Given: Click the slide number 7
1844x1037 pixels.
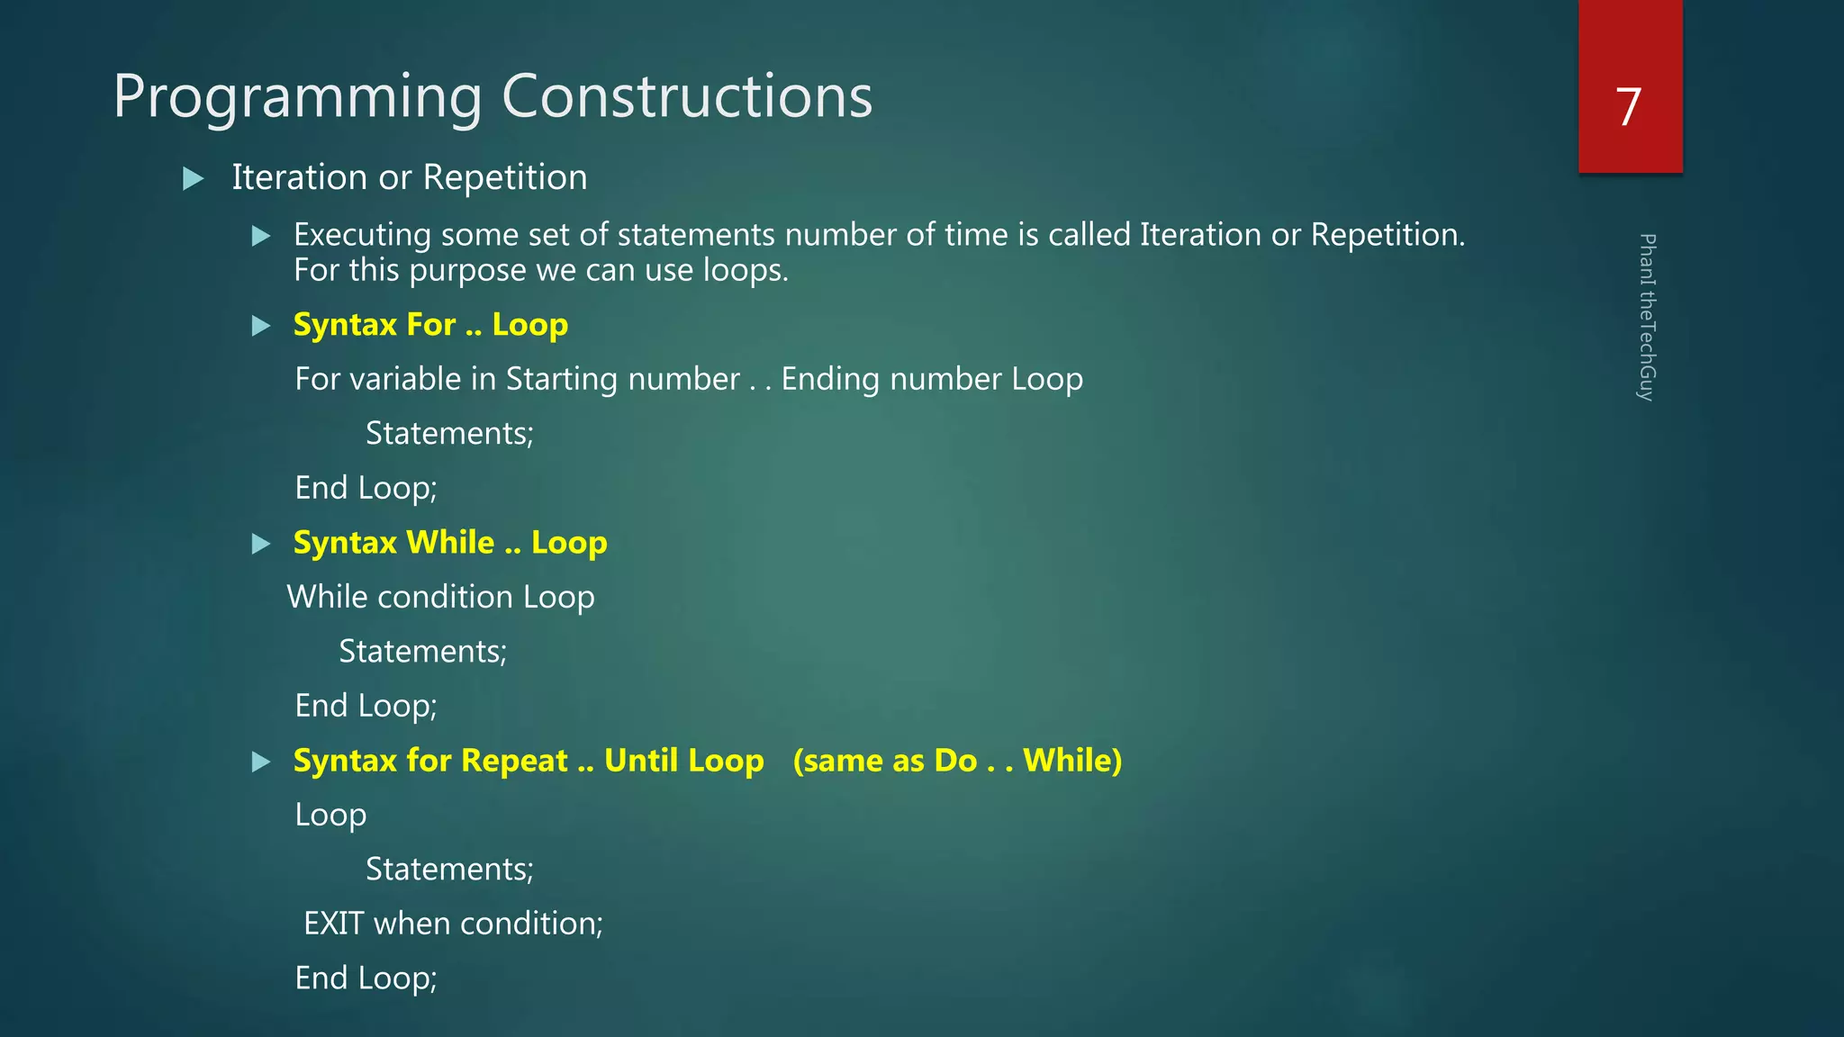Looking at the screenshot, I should click(1628, 107).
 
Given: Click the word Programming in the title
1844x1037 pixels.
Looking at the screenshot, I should click(297, 97).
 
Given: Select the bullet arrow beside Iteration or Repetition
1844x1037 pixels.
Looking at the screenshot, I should click(193, 178).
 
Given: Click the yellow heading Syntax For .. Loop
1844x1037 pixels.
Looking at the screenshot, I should click(430, 324).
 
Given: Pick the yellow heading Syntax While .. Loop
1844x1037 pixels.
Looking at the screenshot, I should click(450, 543).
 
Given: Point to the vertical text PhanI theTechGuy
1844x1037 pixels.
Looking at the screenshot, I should click(1646, 317).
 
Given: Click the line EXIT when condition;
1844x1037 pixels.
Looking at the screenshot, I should click(453, 924).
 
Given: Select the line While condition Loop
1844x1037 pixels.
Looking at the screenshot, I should click(440, 597).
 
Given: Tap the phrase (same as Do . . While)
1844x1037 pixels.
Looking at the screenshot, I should click(957, 761).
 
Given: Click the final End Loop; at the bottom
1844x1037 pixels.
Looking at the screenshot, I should click(366, 978).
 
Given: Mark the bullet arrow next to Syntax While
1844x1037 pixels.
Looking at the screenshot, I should click(261, 544).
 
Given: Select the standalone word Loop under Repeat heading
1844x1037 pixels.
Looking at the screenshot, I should click(330, 816).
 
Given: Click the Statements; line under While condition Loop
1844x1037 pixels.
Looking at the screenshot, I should click(422, 652).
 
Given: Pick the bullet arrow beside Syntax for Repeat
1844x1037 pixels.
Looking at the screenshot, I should click(261, 762).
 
